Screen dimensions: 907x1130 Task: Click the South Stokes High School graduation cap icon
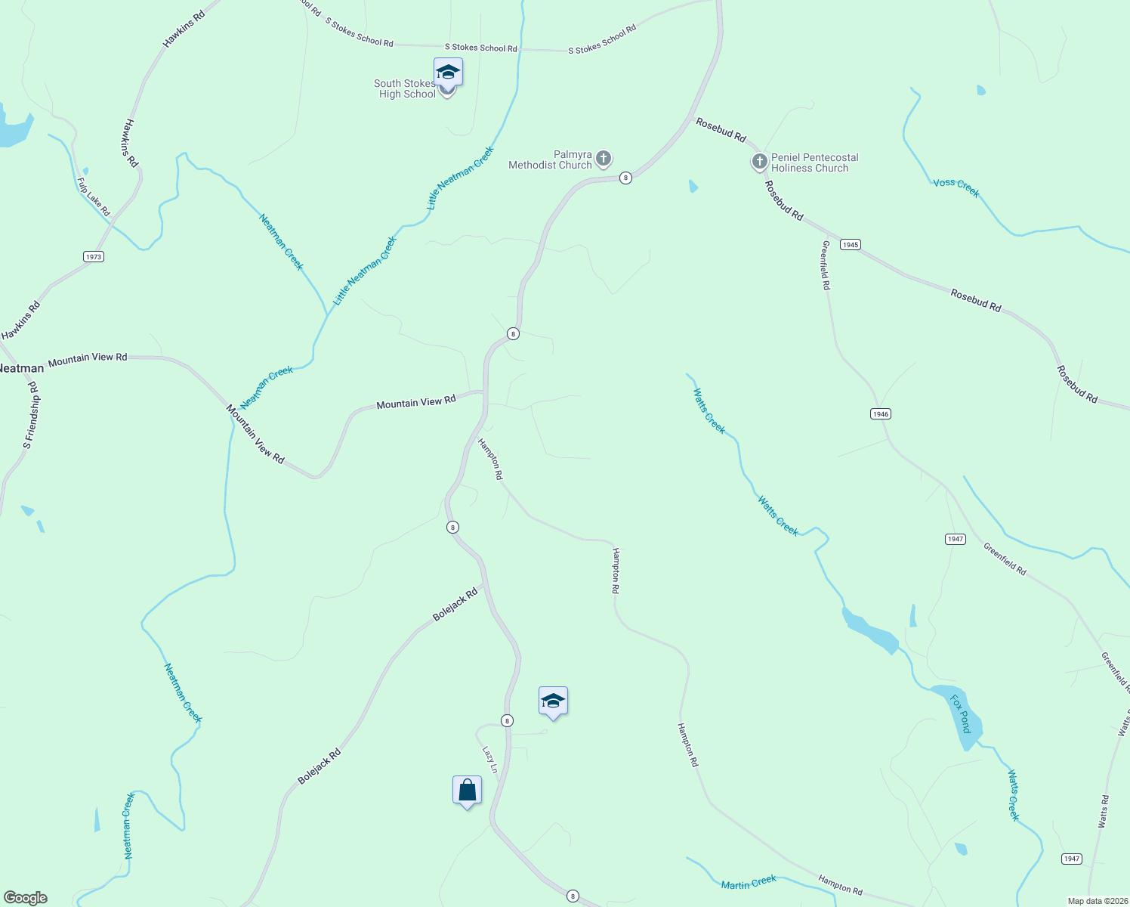point(448,73)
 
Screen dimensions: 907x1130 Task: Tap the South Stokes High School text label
point(406,89)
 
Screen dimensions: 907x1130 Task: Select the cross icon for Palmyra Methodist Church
point(603,159)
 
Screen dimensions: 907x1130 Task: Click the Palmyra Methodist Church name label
point(551,160)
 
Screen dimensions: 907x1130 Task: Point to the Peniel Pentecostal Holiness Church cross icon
point(759,162)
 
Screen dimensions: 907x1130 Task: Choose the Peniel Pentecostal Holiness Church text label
point(814,163)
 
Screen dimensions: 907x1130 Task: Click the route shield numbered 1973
point(93,257)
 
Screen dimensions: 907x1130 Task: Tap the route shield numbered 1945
point(851,245)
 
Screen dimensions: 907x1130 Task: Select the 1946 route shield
point(880,414)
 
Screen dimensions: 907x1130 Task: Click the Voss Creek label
point(956,188)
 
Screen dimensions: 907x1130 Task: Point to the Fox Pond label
point(960,714)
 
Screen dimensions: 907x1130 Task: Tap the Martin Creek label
point(749,882)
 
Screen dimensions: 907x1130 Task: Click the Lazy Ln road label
point(490,760)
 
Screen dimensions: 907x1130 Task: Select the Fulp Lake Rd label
point(94,197)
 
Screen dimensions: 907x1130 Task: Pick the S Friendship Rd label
point(31,416)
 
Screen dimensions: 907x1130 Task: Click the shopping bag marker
point(467,791)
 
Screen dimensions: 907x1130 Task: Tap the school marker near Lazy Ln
point(553,701)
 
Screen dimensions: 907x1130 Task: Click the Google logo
point(25,898)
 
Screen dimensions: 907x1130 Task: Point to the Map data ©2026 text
point(1096,901)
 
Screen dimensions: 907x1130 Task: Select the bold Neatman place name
point(21,369)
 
